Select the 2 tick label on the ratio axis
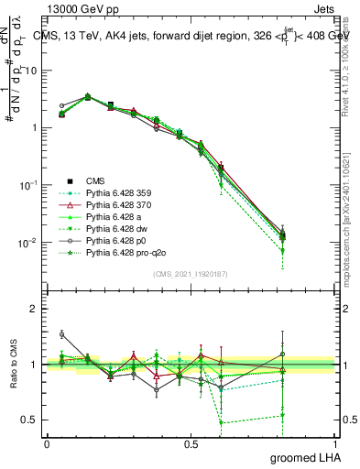tap(34, 309)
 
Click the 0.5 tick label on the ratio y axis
tap(29, 420)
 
